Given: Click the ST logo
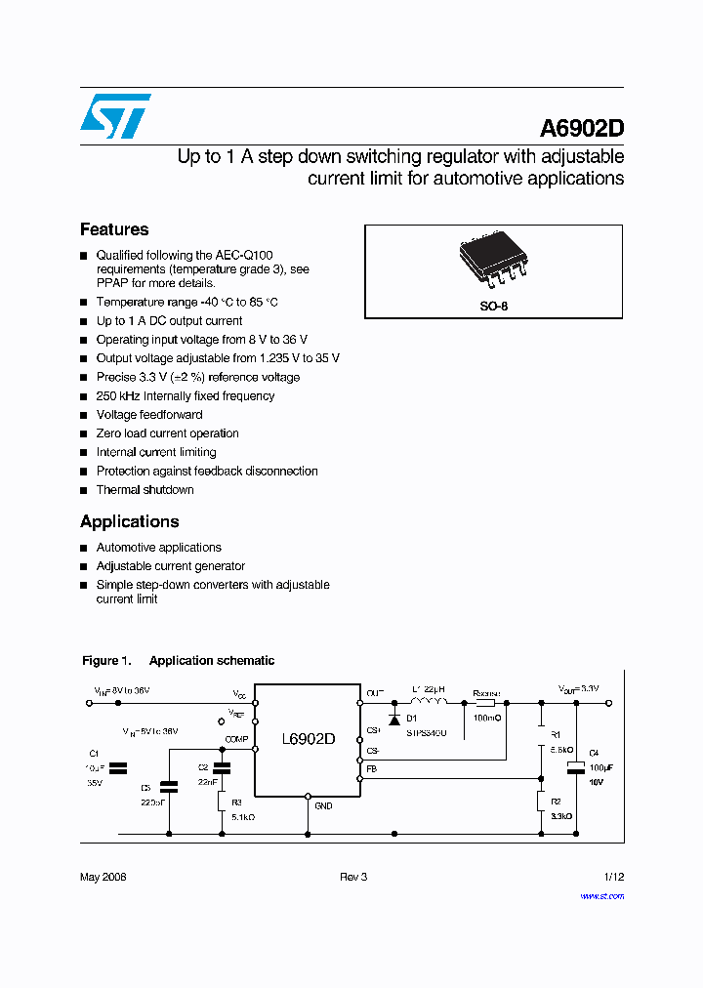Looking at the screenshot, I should [115, 116].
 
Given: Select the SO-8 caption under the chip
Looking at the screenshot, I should [494, 306].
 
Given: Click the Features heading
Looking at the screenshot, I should [114, 229].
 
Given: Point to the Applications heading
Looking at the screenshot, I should [130, 521].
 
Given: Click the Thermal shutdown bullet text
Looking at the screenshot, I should [145, 490].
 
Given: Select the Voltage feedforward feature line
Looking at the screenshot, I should [149, 415].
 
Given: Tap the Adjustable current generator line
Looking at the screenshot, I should [170, 566].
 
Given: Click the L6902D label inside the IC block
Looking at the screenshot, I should [308, 739].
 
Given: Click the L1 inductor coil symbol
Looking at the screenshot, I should [429, 700].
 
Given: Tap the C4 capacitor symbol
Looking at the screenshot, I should [576, 766].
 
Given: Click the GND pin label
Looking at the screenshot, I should [323, 805].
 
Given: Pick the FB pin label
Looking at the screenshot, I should [371, 769].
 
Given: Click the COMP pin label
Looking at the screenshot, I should [237, 739].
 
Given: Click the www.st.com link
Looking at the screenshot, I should [601, 896].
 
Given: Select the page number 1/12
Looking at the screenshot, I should [613, 877].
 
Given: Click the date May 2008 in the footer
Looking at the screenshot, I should [103, 877].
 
